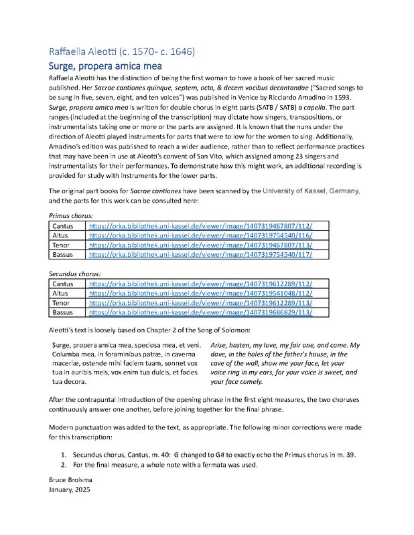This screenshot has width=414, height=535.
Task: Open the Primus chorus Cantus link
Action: coord(200,227)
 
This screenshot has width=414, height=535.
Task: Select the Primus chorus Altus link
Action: coord(200,236)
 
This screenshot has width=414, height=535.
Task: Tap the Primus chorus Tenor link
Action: coord(200,245)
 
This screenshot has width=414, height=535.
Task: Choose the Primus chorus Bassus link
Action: coord(200,255)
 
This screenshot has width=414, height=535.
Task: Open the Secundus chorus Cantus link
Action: coord(200,284)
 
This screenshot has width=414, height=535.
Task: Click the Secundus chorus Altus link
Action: coord(200,294)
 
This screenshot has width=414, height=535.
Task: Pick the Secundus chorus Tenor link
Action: coord(200,303)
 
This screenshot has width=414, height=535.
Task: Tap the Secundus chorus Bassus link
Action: coord(200,312)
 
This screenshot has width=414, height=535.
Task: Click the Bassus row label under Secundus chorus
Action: coord(64,312)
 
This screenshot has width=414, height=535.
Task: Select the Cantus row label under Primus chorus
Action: coord(64,227)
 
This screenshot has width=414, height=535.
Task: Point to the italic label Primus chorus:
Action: coord(74,216)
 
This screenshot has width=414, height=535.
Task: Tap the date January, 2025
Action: coord(69,490)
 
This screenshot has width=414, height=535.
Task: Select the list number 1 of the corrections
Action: coord(64,455)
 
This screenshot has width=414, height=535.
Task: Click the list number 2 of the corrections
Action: coord(64,464)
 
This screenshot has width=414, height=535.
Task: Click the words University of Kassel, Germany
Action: coord(305,191)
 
